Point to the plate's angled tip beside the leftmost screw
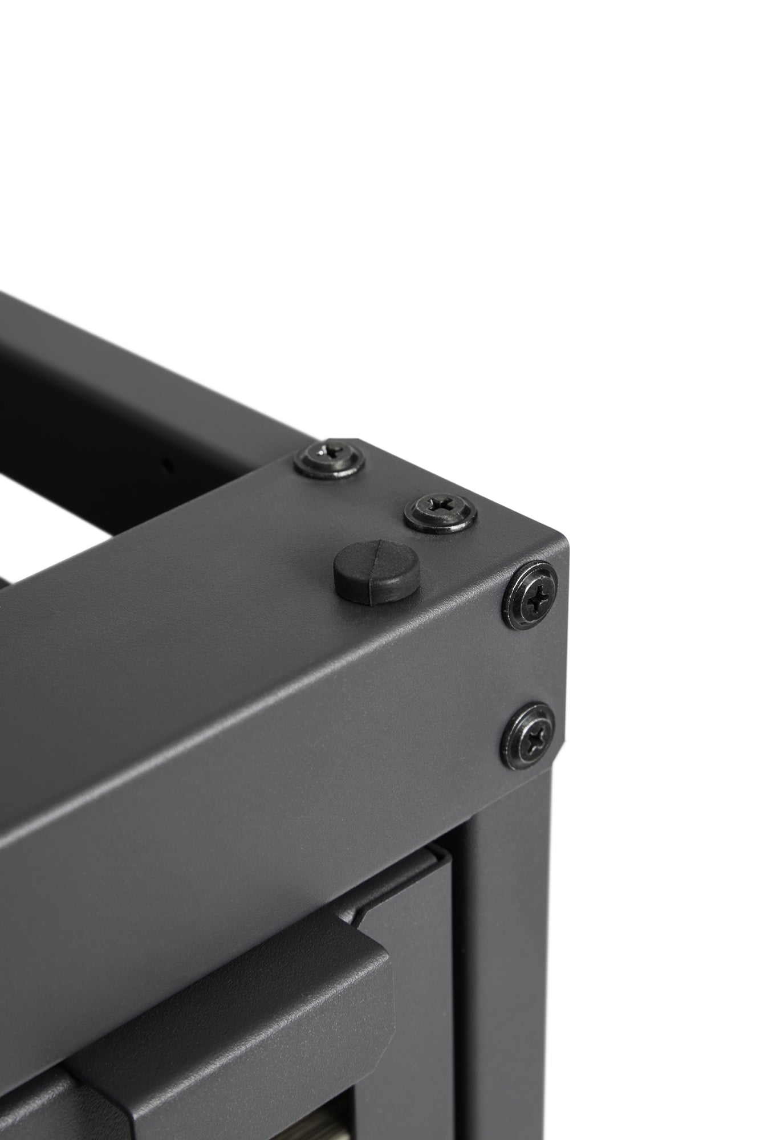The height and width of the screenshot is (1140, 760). [356, 442]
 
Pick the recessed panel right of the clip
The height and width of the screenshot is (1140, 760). [422, 969]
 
